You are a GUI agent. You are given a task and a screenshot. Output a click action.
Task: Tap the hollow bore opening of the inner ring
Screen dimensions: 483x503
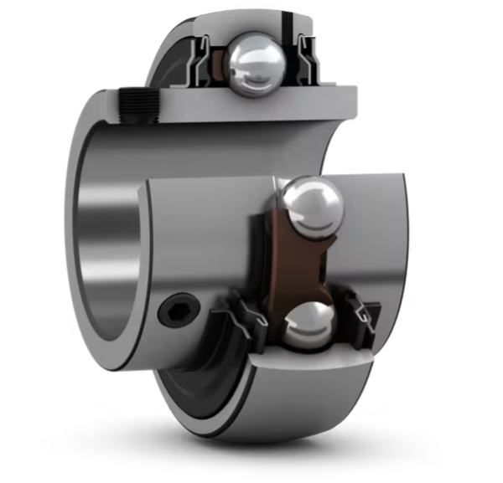(x=109, y=251)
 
